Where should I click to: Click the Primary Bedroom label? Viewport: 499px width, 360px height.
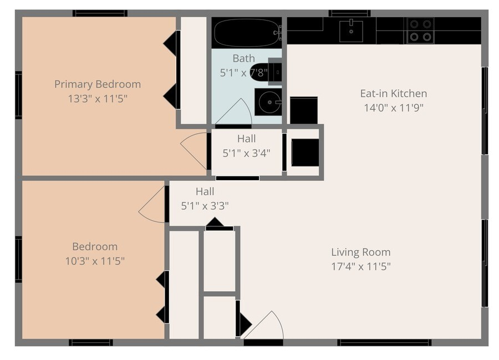98,84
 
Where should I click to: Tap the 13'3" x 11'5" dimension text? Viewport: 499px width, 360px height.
98,99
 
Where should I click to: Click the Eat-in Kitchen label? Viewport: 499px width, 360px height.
394,93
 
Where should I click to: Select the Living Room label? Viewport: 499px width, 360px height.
361,252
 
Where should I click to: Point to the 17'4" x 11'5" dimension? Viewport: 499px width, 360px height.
361,266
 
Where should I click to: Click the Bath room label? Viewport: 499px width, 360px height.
244,58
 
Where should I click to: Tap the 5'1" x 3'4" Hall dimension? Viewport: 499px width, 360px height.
246,153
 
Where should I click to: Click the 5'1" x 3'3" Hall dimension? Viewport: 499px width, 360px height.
205,206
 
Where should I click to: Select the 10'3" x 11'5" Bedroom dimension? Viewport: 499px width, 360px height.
95,261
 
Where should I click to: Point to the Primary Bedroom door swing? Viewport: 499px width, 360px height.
194,150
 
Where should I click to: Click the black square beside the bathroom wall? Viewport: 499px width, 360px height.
304,110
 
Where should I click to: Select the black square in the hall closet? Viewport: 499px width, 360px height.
305,153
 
